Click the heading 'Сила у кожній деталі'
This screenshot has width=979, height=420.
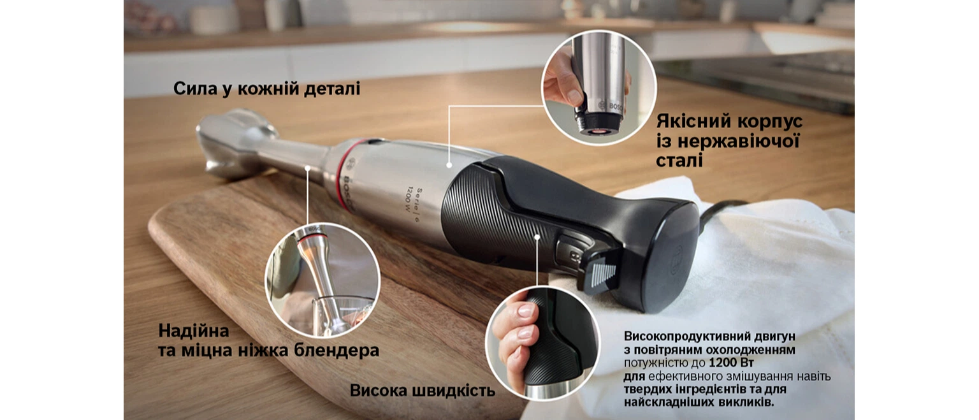(266, 89)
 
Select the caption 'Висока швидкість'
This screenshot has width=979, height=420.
(422, 390)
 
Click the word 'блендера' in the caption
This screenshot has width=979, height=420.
(336, 351)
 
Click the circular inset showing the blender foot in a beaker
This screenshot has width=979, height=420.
(323, 280)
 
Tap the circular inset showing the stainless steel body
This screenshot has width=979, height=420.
(598, 87)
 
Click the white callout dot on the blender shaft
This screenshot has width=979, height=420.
(308, 168)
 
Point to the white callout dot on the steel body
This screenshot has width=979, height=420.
(449, 165)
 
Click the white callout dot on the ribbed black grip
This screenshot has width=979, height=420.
(537, 237)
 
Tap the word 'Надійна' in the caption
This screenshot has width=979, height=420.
(194, 331)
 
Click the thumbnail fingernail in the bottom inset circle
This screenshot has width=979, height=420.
(525, 311)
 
